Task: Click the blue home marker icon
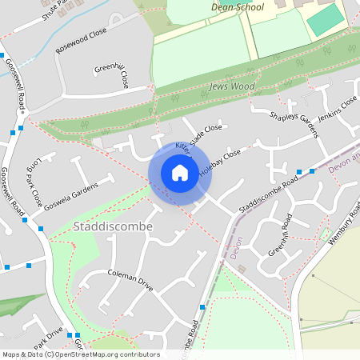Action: [x=180, y=172]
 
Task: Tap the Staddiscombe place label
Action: [x=112, y=226]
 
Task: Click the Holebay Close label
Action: [x=219, y=160]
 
